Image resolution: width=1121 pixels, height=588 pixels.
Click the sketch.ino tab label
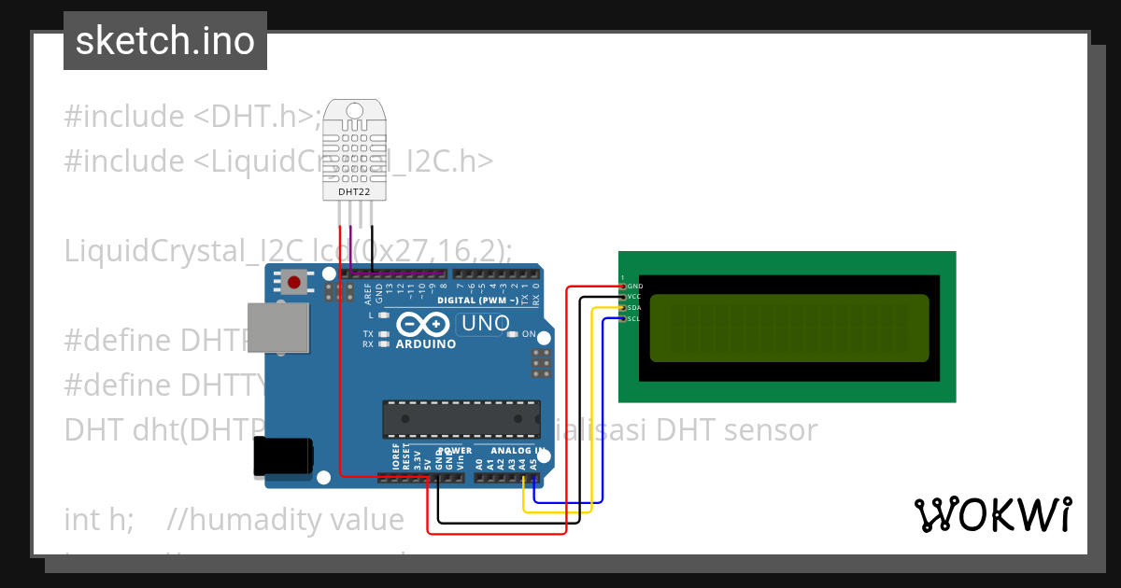[x=165, y=41]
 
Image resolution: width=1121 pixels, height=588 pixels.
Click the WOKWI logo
[x=992, y=515]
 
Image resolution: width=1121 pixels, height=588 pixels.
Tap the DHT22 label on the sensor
[x=354, y=191]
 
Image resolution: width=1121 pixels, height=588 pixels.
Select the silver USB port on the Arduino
[x=277, y=328]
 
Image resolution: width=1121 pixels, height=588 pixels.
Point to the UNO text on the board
[x=484, y=324]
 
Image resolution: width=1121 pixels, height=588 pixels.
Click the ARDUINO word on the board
[x=425, y=343]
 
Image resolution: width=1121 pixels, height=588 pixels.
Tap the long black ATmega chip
[x=461, y=417]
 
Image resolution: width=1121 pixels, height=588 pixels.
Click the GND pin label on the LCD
[x=635, y=286]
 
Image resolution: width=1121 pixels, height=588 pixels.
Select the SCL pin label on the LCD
[x=634, y=319]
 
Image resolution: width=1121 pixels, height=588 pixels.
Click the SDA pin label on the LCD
[x=634, y=308]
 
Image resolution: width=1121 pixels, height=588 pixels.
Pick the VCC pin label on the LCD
[x=634, y=297]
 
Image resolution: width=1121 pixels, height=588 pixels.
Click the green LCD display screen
[x=789, y=329]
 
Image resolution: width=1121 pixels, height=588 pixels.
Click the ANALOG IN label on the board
[x=519, y=451]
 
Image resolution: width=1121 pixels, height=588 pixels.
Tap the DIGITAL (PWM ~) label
[x=477, y=301]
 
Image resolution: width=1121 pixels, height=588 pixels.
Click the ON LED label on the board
[x=528, y=334]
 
